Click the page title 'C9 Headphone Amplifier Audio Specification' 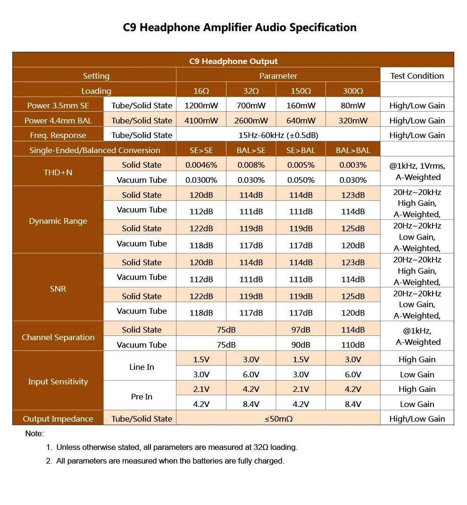point(240,27)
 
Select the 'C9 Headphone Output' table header point(233,61)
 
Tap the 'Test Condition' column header point(417,76)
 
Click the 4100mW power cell point(201,121)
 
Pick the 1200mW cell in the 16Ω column point(201,106)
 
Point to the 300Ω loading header point(353,91)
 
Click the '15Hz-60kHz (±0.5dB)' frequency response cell point(278,135)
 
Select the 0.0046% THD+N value point(201,165)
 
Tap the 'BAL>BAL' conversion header point(353,150)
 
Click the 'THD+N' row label point(58,172)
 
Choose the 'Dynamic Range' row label point(58,221)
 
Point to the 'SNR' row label point(58,289)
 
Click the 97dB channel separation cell point(300,330)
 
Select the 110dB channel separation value point(353,345)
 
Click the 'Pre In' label point(142,397)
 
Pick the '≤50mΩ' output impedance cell point(278,419)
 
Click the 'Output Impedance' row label point(58,419)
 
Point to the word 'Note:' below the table point(34,433)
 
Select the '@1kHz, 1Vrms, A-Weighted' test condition point(417,171)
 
